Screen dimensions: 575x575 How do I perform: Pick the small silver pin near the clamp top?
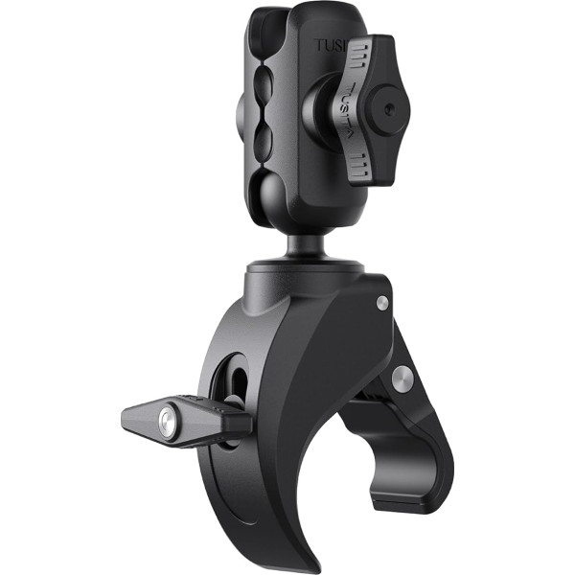382,303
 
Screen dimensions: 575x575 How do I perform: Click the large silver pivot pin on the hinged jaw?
402,373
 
